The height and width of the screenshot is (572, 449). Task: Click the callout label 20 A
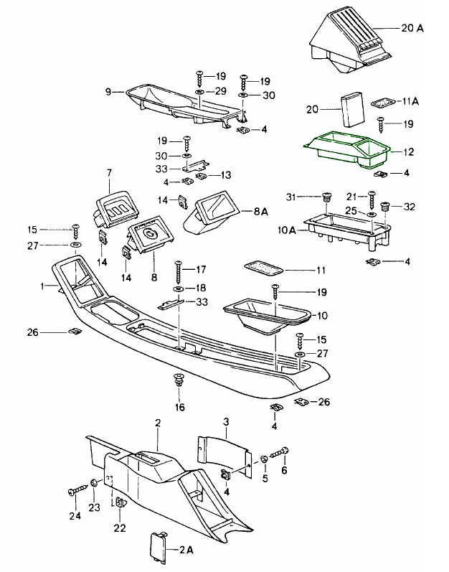(x=414, y=29)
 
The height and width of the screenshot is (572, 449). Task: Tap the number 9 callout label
(x=108, y=92)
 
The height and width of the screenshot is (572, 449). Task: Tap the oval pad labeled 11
(x=263, y=268)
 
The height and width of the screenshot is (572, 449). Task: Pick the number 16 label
(x=179, y=407)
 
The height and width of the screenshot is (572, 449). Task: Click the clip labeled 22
(x=120, y=505)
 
